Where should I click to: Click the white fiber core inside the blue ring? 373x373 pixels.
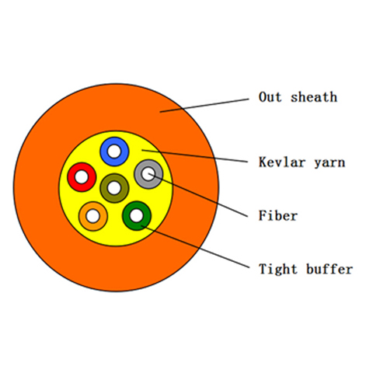click(114, 152)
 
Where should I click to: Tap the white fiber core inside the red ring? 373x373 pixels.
click(82, 177)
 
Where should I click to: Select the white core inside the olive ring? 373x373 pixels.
click(114, 188)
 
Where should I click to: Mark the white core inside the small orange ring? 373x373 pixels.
click(93, 216)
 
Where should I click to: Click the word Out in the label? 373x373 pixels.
click(270, 97)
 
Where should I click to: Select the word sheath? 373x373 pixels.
click(314, 97)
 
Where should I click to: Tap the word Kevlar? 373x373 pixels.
click(282, 162)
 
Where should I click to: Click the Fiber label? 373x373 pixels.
click(278, 215)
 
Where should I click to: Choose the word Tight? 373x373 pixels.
click(278, 270)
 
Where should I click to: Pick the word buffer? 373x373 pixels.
click(329, 269)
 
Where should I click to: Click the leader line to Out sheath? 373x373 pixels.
click(204, 106)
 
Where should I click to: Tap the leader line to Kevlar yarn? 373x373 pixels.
click(195, 156)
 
